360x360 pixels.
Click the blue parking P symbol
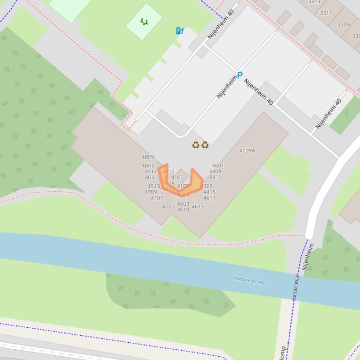tap(240, 75)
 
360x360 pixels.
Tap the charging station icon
tap(179, 31)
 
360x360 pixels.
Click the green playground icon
tap(144, 22)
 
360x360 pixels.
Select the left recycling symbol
tap(196, 145)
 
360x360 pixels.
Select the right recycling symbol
tap(205, 145)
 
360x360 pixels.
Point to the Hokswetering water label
tap(248, 281)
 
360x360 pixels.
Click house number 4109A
tap(247, 151)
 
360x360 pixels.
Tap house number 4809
tap(147, 157)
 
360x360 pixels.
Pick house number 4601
tap(218, 166)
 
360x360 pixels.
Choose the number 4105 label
tap(177, 178)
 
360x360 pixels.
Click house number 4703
tap(168, 207)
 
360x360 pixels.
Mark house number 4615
tap(198, 207)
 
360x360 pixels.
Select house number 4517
tap(151, 172)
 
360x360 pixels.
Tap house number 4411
tap(215, 177)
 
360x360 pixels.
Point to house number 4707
tap(156, 198)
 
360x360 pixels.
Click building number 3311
tap(326, 13)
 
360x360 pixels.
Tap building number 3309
tap(343, 24)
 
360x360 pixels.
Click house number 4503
tap(183, 204)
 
